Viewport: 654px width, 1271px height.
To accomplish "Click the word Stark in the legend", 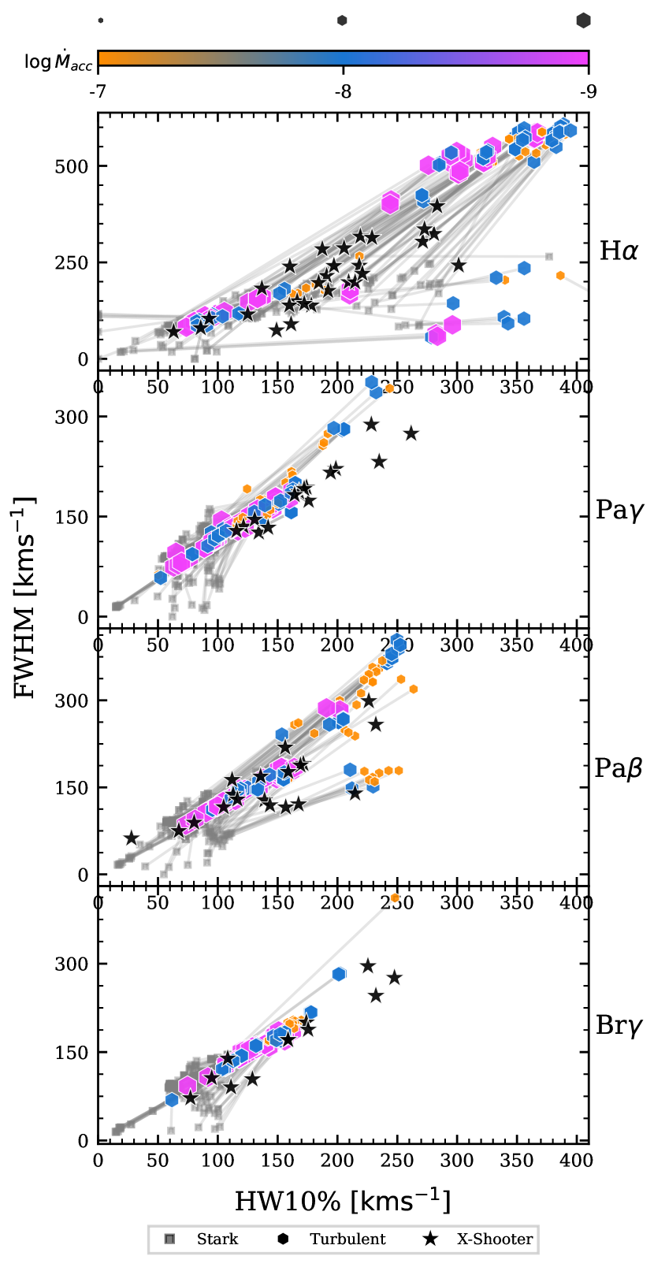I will tap(217, 1239).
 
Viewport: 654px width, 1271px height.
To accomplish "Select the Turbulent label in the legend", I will tap(347, 1239).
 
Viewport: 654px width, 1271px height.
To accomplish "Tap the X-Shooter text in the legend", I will tap(495, 1239).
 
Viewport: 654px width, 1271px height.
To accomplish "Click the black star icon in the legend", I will tap(430, 1239).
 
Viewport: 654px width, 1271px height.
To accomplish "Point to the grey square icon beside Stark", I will tap(169, 1239).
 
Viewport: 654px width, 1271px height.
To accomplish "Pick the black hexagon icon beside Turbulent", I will tap(283, 1239).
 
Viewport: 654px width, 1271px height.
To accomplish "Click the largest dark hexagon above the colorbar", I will tap(583, 20).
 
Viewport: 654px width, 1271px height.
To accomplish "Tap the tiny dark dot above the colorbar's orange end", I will tap(101, 20).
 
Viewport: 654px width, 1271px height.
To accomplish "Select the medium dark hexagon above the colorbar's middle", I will tap(343, 20).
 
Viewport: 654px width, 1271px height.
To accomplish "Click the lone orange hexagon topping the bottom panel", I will tap(395, 898).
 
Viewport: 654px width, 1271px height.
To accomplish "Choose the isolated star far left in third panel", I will tap(132, 838).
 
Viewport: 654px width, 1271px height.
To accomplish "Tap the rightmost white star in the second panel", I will tap(411, 433).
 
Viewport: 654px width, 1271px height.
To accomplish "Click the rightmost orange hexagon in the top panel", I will tap(560, 276).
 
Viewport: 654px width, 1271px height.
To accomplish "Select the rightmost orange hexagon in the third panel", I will tap(414, 689).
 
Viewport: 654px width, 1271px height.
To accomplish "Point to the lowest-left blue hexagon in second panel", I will tap(161, 578).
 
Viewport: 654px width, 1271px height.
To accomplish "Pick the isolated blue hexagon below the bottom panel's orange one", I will tap(339, 974).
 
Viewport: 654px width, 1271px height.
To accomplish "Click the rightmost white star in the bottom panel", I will tap(394, 978).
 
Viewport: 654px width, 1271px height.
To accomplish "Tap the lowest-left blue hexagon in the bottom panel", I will tap(172, 1099).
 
